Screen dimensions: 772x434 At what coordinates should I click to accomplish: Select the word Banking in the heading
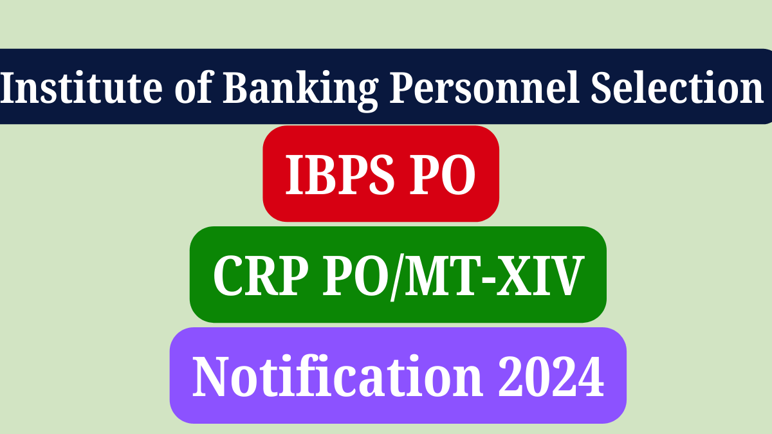click(x=300, y=91)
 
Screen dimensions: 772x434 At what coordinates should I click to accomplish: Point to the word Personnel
click(x=484, y=87)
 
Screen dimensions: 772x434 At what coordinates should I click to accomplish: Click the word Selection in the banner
click(x=677, y=87)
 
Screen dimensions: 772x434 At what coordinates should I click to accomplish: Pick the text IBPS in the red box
click(x=340, y=174)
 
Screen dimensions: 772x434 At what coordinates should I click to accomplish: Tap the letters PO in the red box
click(x=443, y=174)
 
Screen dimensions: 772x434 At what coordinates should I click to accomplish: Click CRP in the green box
click(x=261, y=276)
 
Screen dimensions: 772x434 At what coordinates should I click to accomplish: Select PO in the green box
click(x=356, y=276)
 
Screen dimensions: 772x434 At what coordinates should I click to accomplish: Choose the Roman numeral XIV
click(x=540, y=276)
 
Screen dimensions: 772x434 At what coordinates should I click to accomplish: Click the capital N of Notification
click(x=210, y=377)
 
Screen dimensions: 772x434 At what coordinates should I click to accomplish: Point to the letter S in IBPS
click(x=381, y=174)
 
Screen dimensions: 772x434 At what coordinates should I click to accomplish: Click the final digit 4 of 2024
click(x=591, y=376)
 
